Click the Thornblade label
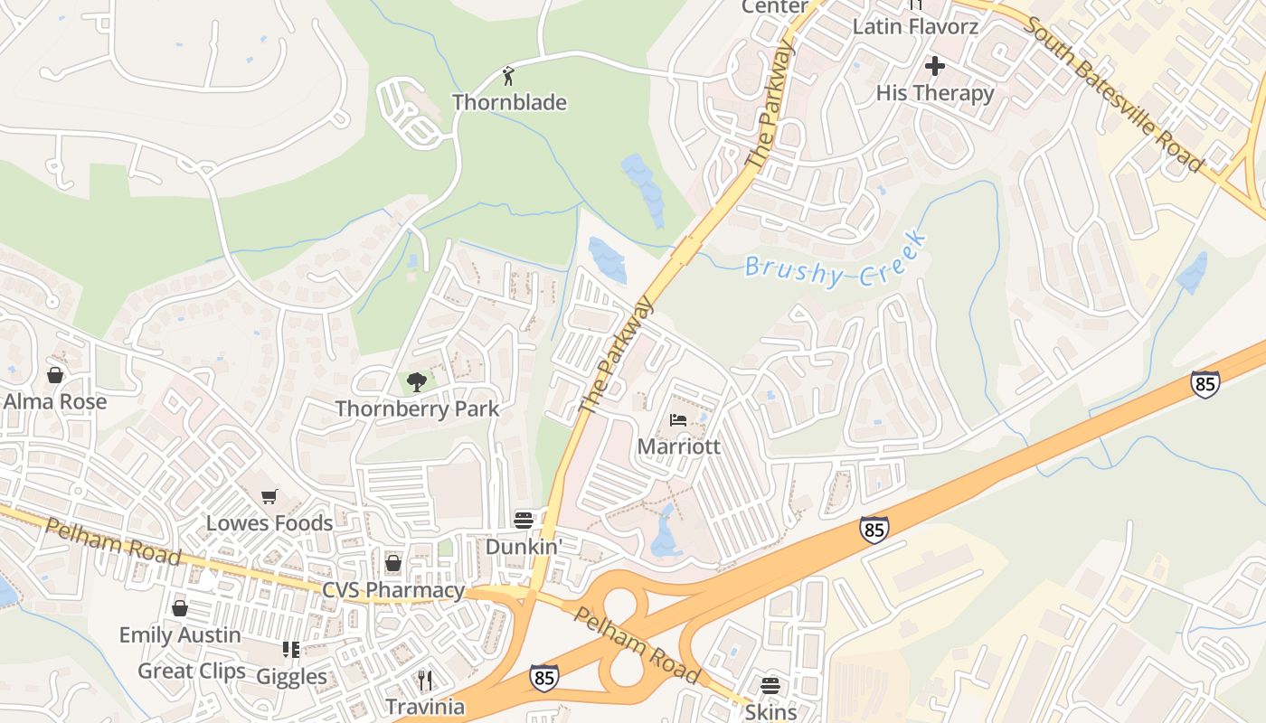509,102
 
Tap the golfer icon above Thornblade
509,74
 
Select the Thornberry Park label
417,408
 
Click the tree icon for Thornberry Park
417,382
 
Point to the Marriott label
678,446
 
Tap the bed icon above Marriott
678,420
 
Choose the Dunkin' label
524,547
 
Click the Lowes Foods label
269,522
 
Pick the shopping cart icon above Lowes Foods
269,496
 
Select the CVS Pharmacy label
393,590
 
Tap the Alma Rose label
55,401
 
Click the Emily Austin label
180,634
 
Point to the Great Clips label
192,671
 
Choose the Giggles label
291,676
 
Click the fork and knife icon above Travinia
425,680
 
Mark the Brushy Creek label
836,260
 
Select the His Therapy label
935,93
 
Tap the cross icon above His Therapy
935,66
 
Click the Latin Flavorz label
915,26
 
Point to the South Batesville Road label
1114,94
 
